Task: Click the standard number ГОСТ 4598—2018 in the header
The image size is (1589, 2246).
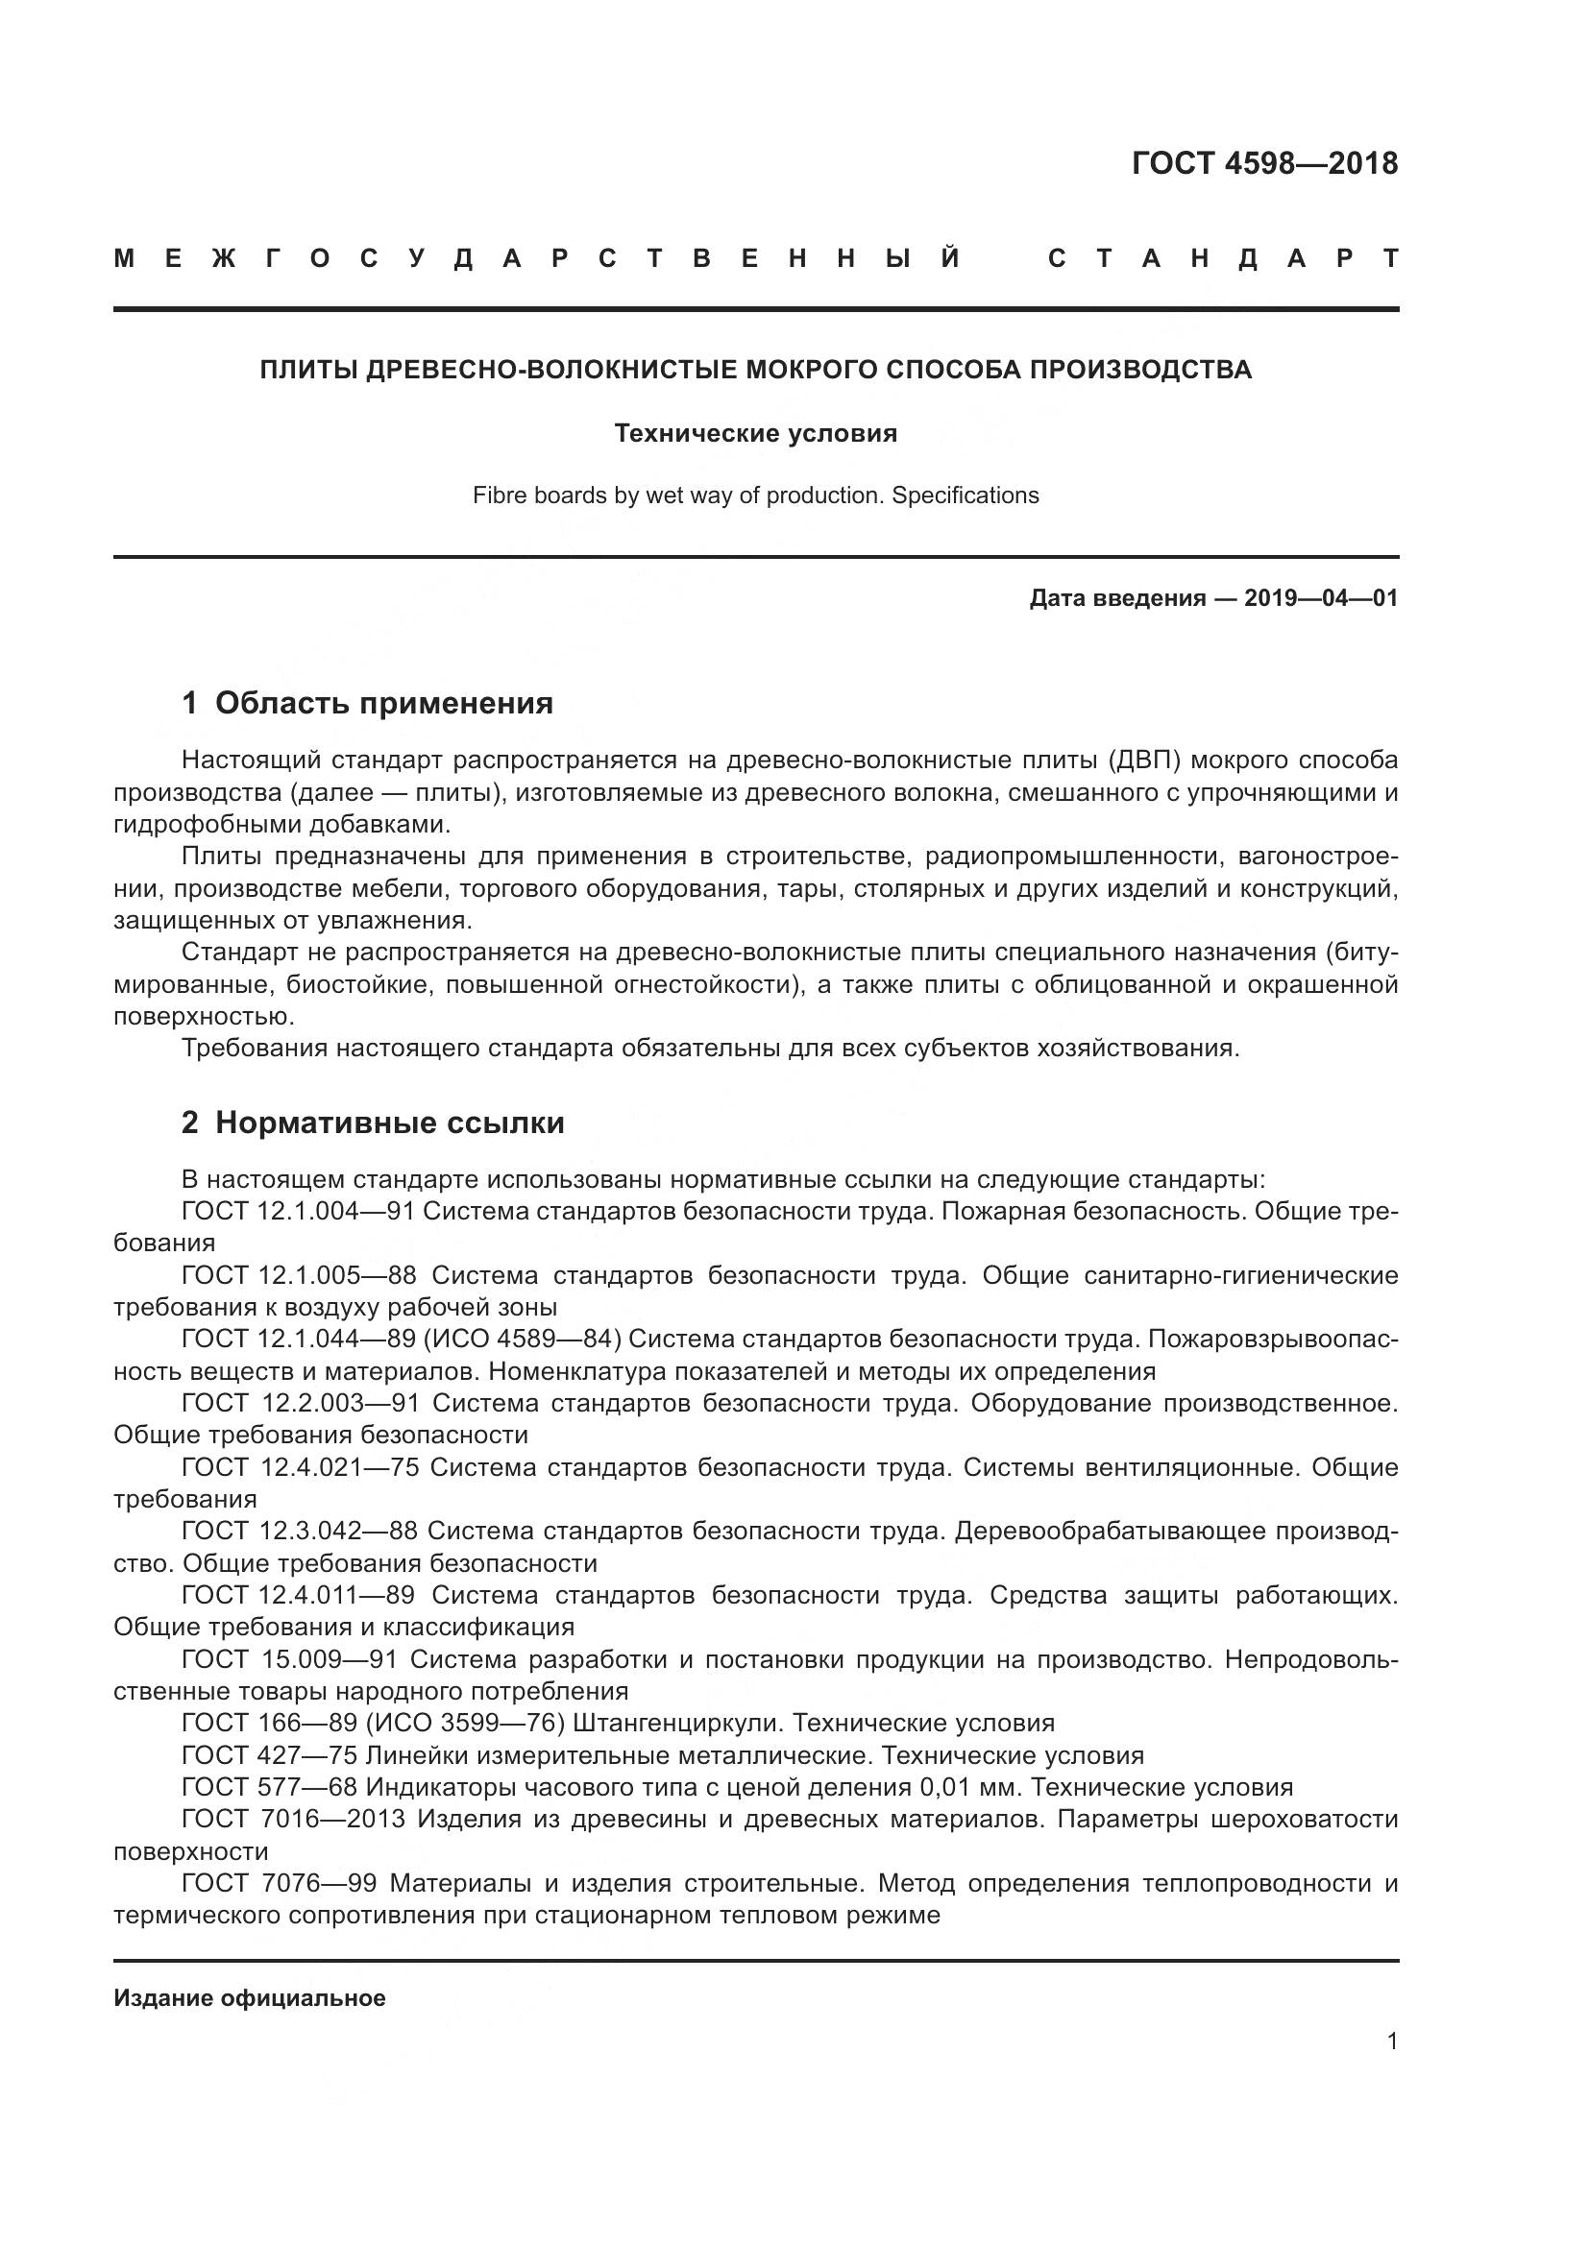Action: click(x=1264, y=163)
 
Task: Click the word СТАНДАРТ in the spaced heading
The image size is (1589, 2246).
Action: click(x=1223, y=259)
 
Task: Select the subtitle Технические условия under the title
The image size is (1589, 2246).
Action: click(x=755, y=433)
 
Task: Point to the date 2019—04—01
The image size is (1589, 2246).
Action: click(x=1321, y=598)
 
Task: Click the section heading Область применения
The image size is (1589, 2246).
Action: click(x=383, y=703)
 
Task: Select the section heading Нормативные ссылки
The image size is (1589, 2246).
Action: click(x=389, y=1123)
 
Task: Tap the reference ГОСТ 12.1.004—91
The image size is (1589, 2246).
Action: click(x=299, y=1211)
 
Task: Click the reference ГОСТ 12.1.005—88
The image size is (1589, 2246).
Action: click(x=299, y=1275)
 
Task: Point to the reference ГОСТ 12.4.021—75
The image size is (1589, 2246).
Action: click(x=300, y=1467)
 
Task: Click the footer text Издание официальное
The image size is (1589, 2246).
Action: click(x=250, y=1998)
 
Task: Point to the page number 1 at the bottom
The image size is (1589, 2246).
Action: click(x=1392, y=2041)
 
